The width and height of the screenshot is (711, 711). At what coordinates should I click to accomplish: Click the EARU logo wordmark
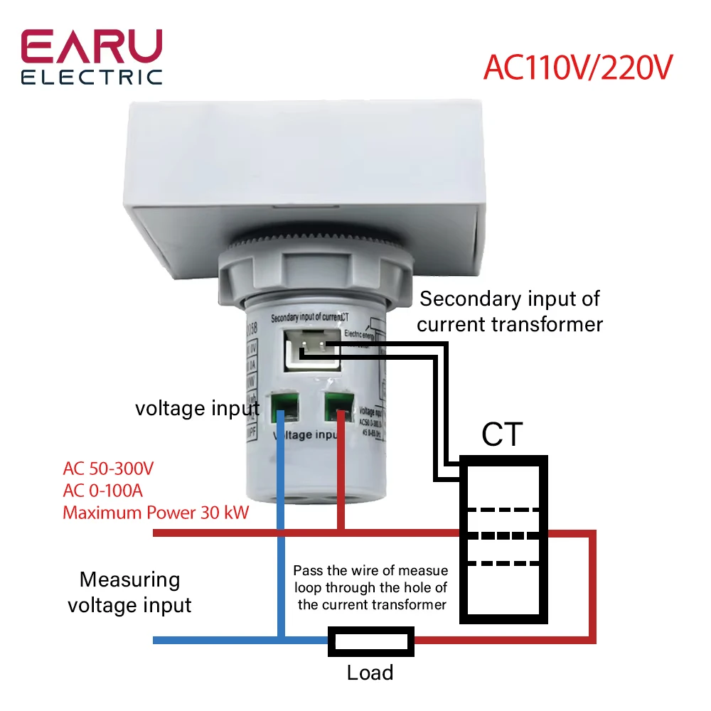(92, 48)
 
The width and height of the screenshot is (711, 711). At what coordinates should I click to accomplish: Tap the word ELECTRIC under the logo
(92, 77)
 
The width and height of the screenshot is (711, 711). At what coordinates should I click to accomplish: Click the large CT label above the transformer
(502, 434)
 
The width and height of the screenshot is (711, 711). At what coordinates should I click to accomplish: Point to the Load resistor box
(370, 640)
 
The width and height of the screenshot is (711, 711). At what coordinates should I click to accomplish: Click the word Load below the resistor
(370, 673)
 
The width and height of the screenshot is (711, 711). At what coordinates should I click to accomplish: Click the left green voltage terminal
(281, 407)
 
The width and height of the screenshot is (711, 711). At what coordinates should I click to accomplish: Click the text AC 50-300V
(108, 469)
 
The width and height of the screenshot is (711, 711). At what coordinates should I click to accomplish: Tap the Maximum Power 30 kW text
(156, 512)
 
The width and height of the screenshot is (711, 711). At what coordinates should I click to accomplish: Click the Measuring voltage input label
(129, 592)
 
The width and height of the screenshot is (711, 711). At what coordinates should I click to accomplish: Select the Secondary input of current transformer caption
(510, 311)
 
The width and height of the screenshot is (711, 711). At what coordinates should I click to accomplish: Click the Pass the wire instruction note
(371, 587)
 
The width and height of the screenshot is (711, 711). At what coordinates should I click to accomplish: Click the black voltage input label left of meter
(197, 408)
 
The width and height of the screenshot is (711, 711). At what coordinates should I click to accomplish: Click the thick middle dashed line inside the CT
(503, 535)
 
